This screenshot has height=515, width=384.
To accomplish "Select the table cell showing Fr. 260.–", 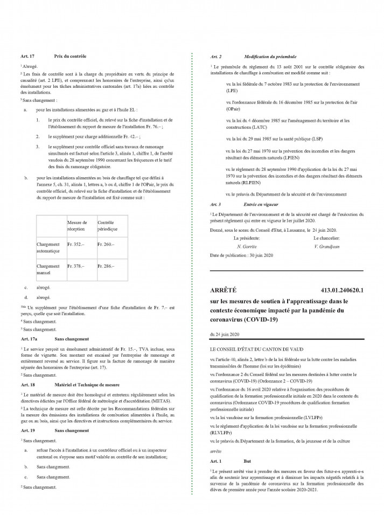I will [106, 244].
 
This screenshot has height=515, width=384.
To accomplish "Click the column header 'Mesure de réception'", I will [77, 225].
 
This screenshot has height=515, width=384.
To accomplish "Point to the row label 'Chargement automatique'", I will [48, 247].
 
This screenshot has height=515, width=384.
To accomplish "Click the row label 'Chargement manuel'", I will [48, 269].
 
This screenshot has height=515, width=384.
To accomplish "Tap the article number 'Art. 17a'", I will [28, 340].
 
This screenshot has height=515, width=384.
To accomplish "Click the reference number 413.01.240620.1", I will [343, 290].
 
